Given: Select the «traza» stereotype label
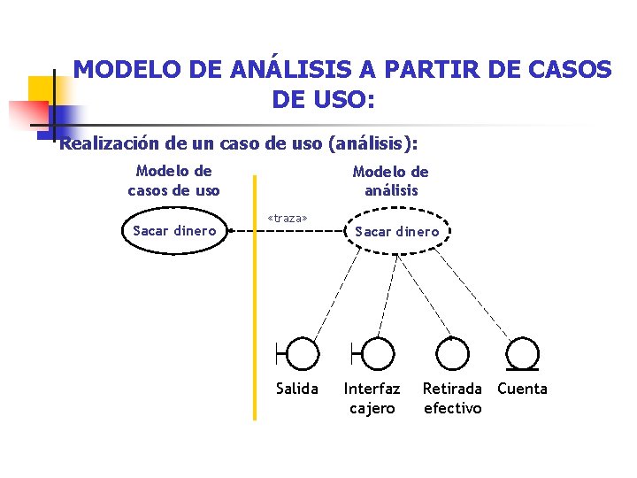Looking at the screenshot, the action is (288, 218).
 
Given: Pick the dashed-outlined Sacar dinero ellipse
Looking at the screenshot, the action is (396, 232).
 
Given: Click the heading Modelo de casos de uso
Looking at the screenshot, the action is (173, 181).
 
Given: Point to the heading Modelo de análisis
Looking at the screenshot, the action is (390, 181).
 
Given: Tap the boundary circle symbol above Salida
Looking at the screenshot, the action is (303, 353).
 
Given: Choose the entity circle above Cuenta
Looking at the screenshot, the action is (523, 353).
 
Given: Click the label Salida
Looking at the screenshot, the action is (297, 389).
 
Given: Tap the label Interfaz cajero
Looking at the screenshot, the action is (372, 398).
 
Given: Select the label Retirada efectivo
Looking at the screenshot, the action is (452, 398).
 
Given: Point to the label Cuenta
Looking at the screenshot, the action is (523, 389).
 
